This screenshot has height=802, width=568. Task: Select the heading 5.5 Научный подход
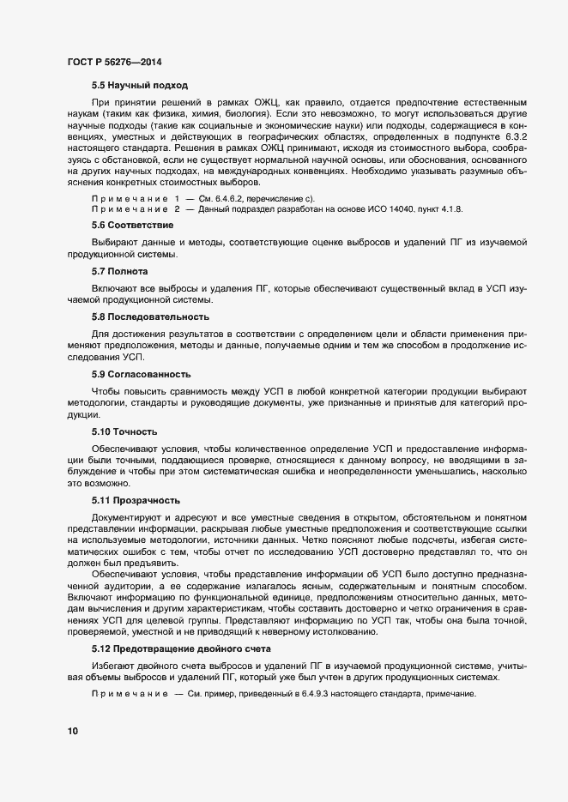pos(140,85)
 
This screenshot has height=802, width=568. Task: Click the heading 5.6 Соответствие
pos(133,224)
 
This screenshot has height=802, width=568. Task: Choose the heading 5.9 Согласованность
pos(142,375)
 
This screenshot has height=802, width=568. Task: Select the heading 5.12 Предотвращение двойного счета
pos(181,649)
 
